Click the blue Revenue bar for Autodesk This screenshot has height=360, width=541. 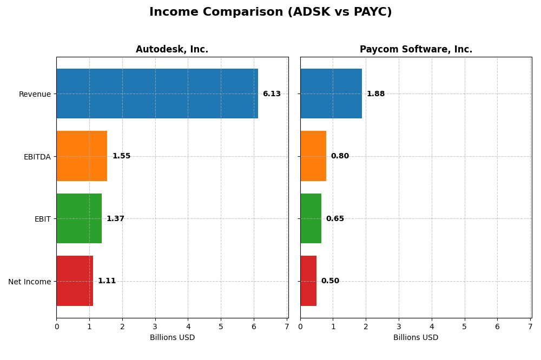(157, 94)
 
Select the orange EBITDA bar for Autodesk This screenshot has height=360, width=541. (82, 156)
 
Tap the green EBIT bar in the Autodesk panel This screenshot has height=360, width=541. (79, 218)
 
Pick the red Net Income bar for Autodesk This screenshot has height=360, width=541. (75, 281)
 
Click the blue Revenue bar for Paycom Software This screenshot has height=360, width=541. (331, 94)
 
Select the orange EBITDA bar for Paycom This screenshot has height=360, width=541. (313, 156)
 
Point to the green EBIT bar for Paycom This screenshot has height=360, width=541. (311, 218)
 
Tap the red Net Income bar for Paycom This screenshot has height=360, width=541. (308, 281)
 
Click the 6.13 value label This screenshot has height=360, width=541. (272, 94)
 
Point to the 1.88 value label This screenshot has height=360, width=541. (375, 94)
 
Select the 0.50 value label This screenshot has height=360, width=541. (330, 281)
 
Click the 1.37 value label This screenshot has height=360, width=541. (115, 219)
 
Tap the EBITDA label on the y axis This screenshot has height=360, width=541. (37, 157)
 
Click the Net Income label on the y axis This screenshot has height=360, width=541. (29, 282)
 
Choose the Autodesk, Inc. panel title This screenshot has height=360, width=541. (172, 50)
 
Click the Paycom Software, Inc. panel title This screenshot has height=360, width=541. (415, 50)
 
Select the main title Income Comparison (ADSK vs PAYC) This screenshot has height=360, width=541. (270, 12)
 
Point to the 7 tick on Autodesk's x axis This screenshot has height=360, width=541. (287, 326)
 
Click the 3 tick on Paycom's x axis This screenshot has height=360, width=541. (399, 326)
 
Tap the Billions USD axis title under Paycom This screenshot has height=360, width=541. (415, 338)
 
